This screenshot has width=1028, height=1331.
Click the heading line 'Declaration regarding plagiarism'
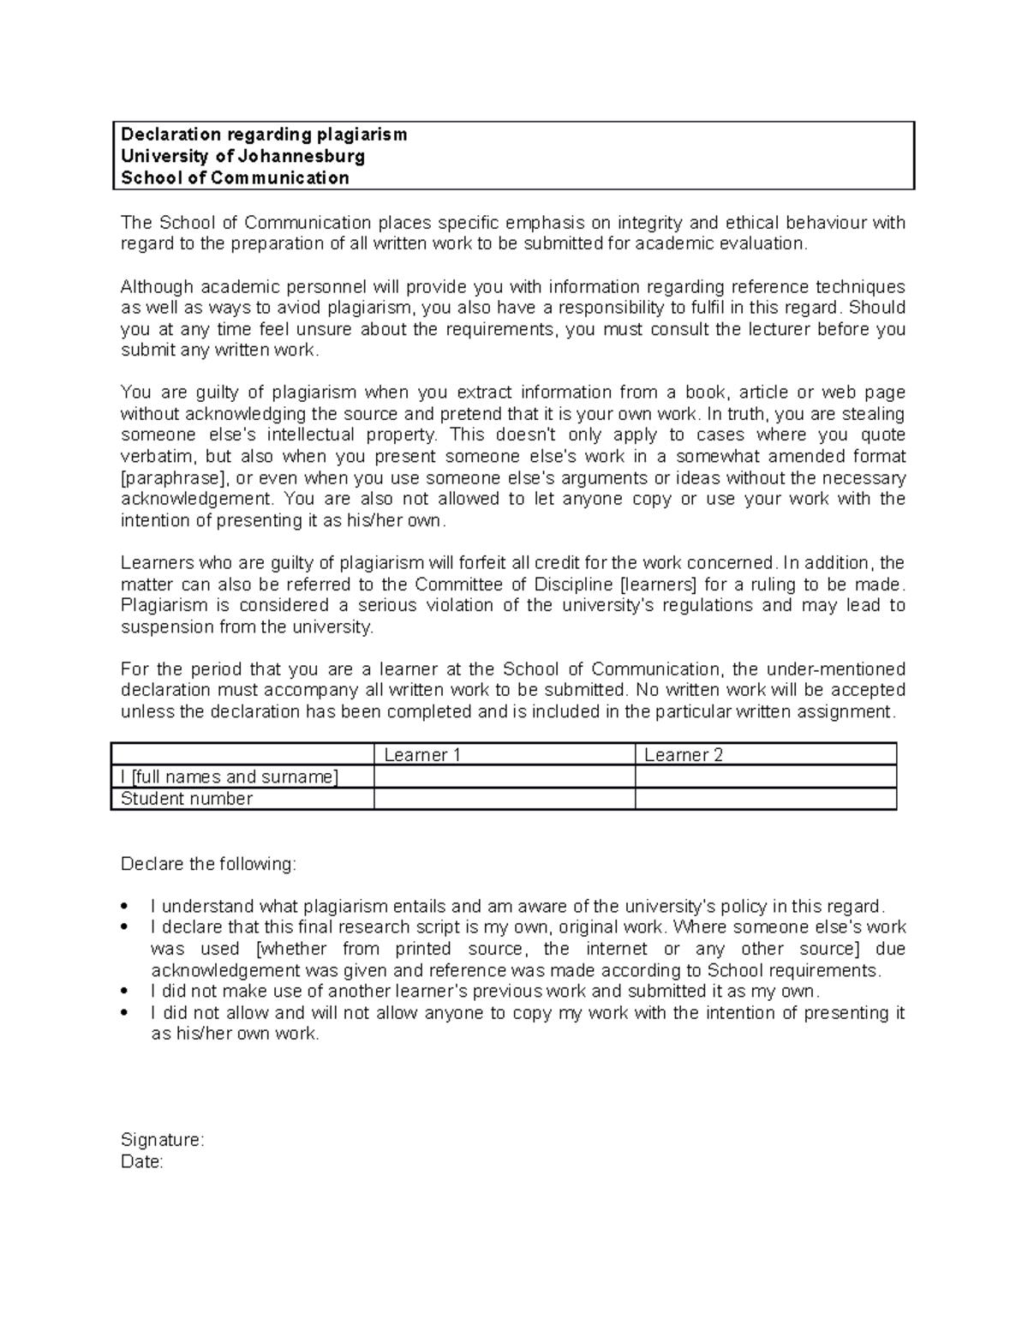264,135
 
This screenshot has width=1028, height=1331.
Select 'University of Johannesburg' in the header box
243,156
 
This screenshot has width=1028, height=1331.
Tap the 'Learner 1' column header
423,755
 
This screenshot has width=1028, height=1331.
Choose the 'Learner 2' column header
684,755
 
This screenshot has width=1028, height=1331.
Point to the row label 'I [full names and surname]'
230,777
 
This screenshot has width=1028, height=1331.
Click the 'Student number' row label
187,799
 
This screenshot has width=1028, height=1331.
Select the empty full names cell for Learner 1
505,777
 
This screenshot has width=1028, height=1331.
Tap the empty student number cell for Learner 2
765,799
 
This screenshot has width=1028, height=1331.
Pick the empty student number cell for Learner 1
505,799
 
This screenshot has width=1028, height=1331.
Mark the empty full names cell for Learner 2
765,777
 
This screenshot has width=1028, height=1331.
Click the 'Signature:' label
163,1140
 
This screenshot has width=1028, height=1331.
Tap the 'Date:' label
142,1162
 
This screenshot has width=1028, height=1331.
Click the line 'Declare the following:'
208,864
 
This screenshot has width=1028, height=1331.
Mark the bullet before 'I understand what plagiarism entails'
126,907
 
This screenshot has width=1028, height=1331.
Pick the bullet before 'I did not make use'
126,992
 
